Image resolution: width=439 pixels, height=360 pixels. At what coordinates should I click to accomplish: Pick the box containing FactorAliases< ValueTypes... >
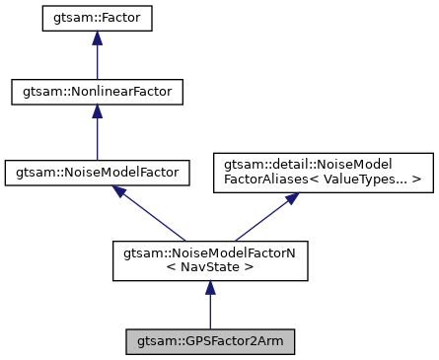[324, 171]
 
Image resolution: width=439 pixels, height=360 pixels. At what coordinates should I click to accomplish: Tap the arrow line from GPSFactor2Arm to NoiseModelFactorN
[209, 308]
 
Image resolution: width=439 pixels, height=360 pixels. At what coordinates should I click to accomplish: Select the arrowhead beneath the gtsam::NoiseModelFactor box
[119, 192]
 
